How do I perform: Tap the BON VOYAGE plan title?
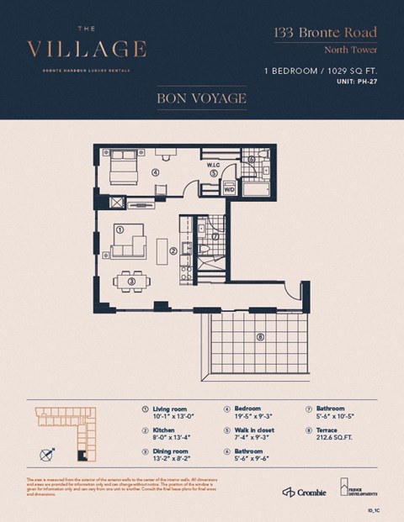[x=201, y=99]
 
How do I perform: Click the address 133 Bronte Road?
[x=325, y=34]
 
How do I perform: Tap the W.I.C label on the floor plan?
[x=214, y=165]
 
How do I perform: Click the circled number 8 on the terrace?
[x=259, y=338]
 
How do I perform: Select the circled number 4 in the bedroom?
[x=155, y=172]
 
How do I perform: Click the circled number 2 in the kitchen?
[x=173, y=250]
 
